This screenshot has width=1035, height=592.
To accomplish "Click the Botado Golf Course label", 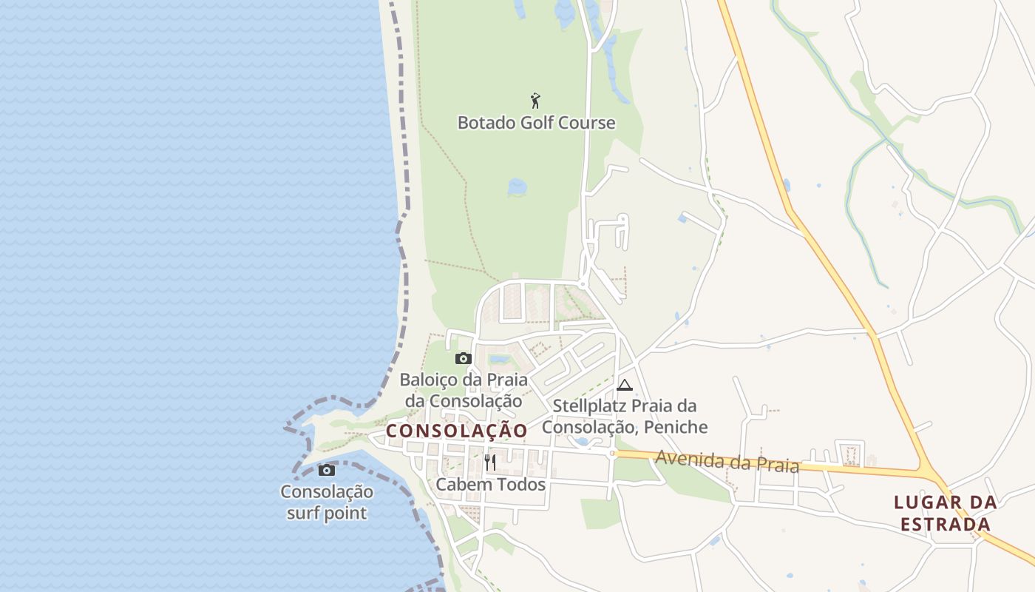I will (536, 122).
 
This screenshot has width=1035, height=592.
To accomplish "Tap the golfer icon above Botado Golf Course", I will (536, 100).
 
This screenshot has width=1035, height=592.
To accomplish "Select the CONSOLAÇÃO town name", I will (457, 431).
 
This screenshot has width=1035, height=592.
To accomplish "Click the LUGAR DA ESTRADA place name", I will (945, 513).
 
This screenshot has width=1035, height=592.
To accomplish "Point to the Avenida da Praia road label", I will (727, 462).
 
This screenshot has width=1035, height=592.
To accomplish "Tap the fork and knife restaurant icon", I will (490, 462).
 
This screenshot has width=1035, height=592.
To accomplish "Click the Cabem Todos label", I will (490, 485).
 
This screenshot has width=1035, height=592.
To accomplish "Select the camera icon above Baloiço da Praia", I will (464, 359).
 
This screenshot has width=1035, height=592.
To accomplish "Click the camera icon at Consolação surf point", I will (326, 470).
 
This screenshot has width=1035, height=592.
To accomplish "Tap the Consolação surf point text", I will (327, 502).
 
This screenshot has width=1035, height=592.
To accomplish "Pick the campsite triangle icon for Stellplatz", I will (625, 385).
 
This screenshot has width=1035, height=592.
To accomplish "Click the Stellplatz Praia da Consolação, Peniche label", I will (625, 417).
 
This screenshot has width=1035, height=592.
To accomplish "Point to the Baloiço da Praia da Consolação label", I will (464, 391).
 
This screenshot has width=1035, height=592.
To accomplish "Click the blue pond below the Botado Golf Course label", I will (517, 186).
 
